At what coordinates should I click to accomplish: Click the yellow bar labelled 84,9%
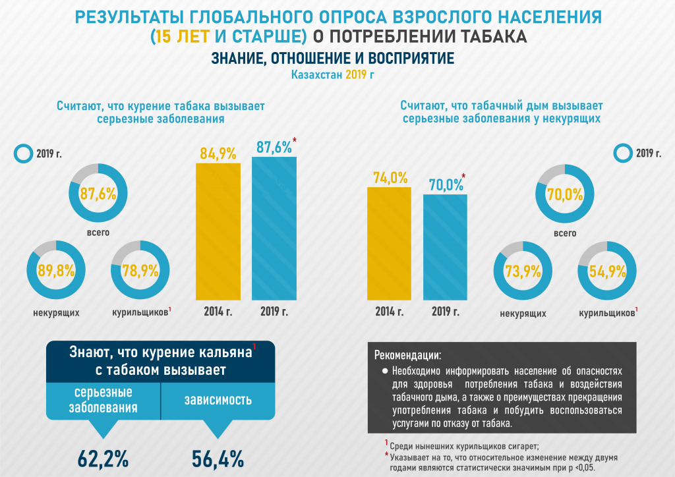click(x=218, y=231)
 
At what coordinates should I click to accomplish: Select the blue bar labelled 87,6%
click(x=274, y=227)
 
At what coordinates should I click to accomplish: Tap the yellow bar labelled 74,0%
click(x=389, y=244)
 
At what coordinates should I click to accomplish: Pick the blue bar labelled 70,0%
click(x=445, y=247)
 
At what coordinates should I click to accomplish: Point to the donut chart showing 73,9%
click(x=523, y=271)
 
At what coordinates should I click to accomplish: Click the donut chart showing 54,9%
click(x=607, y=271)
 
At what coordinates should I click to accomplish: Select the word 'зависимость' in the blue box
click(x=218, y=400)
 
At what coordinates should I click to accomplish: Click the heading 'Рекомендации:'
click(x=408, y=355)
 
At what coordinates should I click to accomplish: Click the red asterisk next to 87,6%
click(x=294, y=140)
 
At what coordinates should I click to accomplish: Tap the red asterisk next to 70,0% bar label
click(x=464, y=176)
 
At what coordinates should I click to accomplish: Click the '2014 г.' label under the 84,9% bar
click(x=218, y=312)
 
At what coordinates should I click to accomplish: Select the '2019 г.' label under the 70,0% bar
click(x=445, y=312)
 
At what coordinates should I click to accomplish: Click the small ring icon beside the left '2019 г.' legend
click(x=23, y=154)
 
